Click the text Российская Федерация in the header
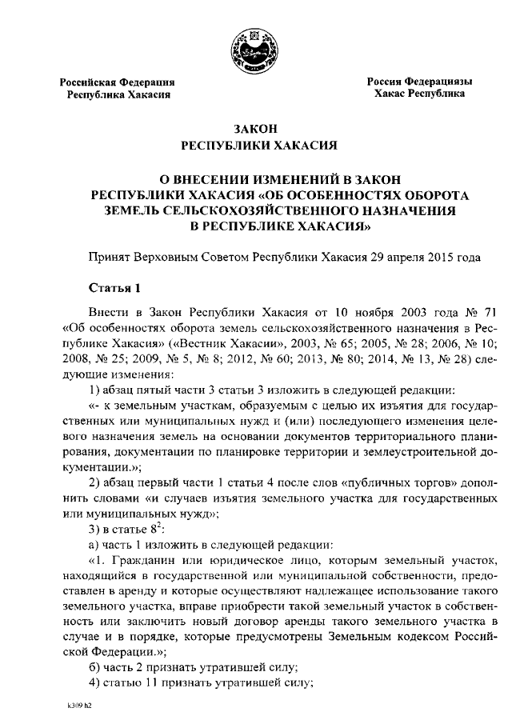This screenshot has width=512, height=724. (119, 82)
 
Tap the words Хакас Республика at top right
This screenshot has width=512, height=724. (418, 94)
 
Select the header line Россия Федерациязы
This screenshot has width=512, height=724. (419, 82)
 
